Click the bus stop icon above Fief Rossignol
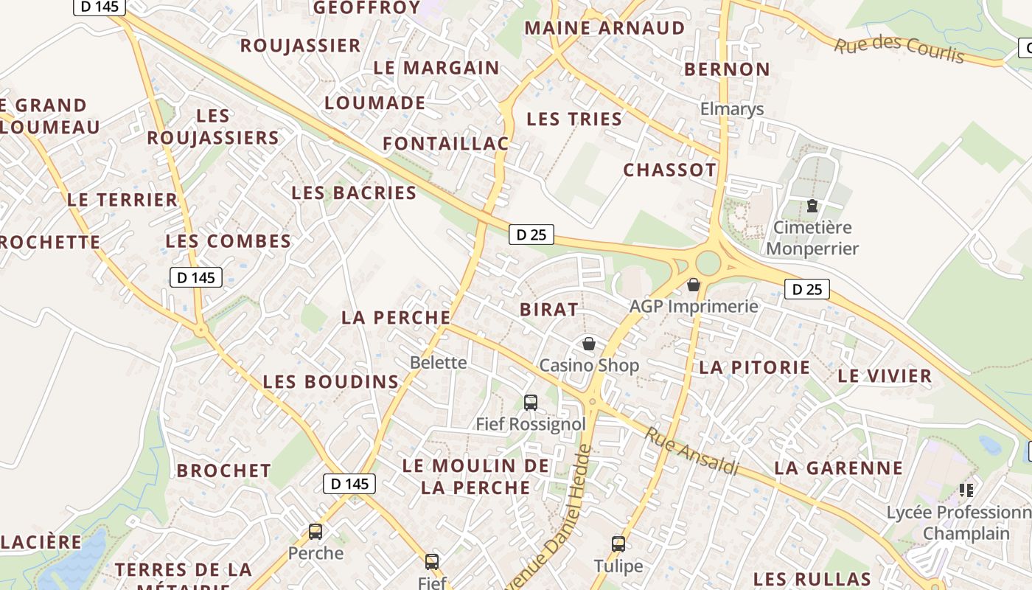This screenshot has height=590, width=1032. point(530,403)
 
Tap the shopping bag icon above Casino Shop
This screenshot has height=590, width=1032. point(589,344)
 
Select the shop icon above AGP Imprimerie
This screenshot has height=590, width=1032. point(694,285)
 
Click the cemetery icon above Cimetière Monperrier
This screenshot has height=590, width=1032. point(812,206)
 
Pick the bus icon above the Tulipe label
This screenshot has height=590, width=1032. point(618,544)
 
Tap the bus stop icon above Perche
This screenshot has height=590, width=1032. point(315,531)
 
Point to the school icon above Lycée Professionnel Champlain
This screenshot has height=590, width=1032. point(966,490)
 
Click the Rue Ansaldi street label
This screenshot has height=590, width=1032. point(691,450)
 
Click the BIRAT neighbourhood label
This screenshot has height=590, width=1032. point(549,310)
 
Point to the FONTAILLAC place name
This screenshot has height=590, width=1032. point(445,144)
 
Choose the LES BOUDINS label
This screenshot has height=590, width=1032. point(331,382)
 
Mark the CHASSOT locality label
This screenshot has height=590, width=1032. point(669,170)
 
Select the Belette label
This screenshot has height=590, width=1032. point(439,362)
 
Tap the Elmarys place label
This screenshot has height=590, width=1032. point(731,109)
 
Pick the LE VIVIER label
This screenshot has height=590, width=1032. point(885,376)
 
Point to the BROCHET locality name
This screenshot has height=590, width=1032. point(224,471)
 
